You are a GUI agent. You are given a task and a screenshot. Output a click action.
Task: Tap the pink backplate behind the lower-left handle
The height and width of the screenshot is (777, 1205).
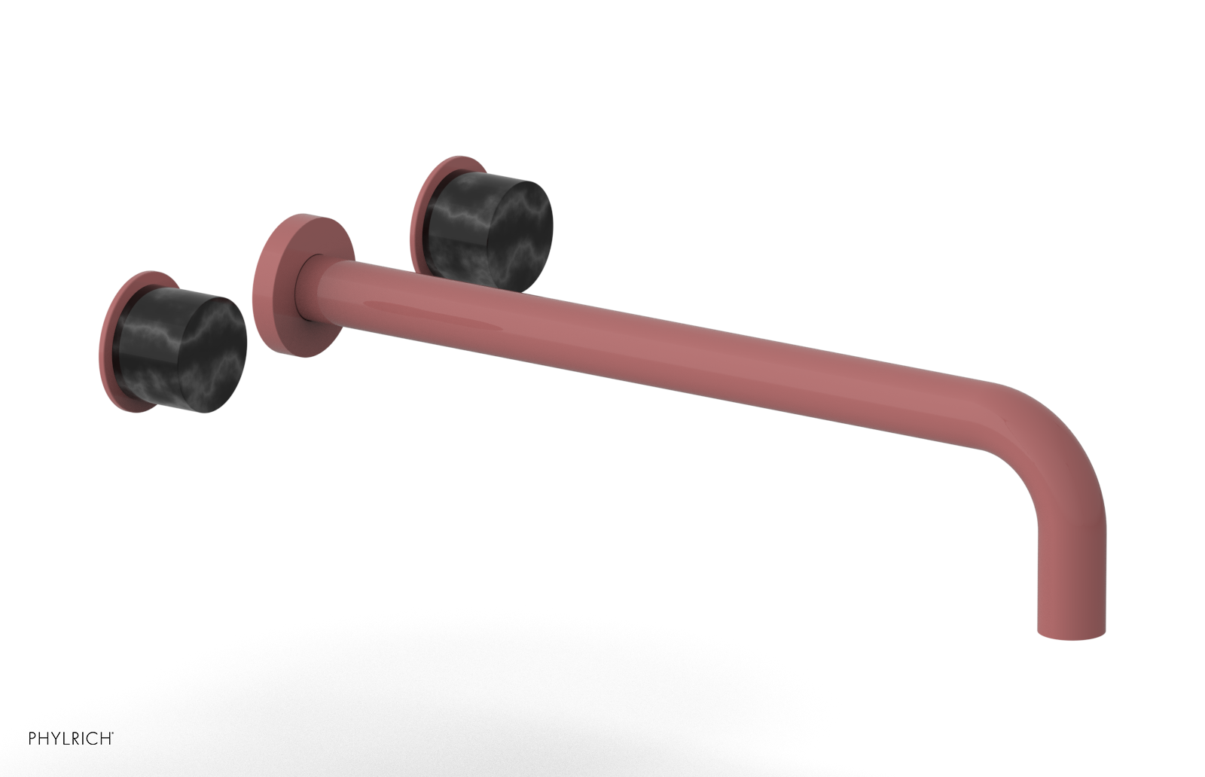pos(113,339)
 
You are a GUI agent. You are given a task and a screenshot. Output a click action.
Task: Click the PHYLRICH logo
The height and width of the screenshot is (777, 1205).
pos(71,739)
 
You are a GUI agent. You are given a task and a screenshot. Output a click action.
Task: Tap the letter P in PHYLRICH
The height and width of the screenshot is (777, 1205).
pos(33,739)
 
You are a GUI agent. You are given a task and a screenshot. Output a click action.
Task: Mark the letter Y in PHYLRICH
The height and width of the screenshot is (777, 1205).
pos(56,739)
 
